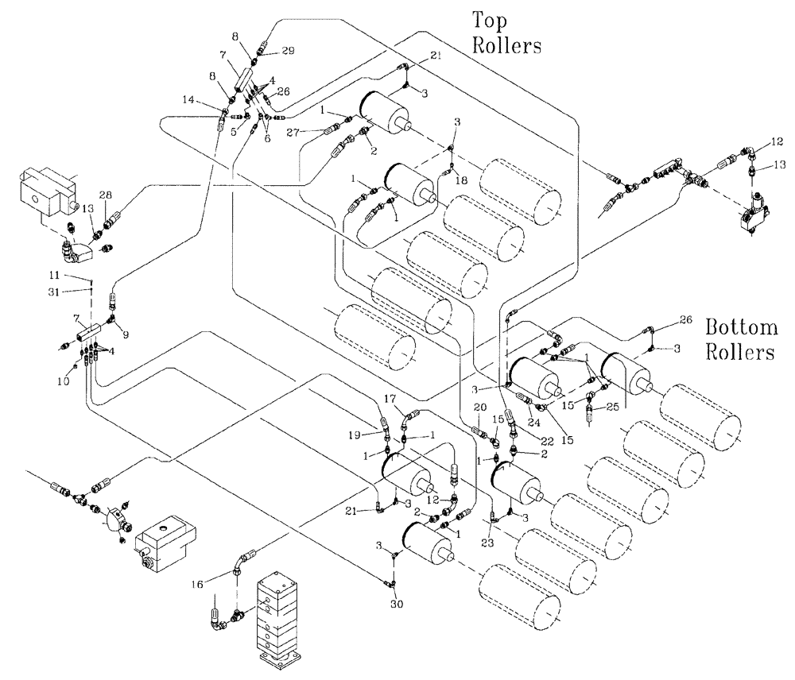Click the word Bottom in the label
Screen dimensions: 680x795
pos(741,327)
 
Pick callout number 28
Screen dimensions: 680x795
pos(106,195)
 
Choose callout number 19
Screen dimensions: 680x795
pos(355,435)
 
